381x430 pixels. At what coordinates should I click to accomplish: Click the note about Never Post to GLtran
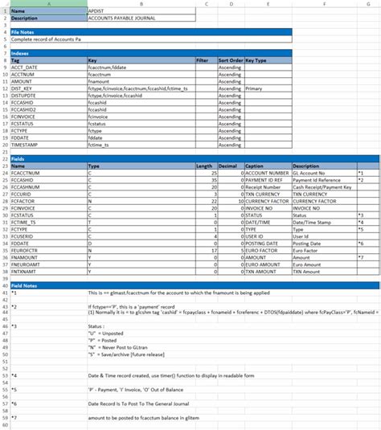coord(117,346)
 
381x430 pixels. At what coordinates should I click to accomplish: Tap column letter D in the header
coord(231,4)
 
